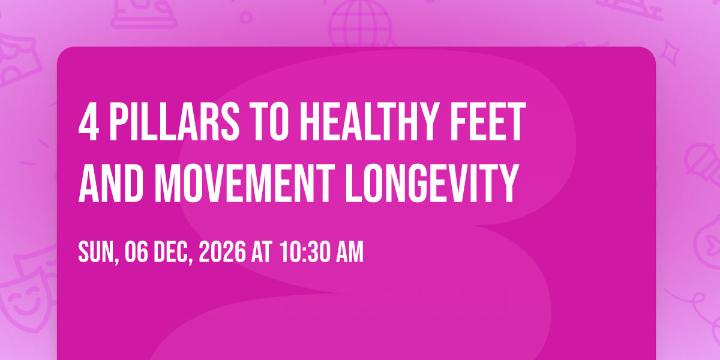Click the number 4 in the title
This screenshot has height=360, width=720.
coord(88,122)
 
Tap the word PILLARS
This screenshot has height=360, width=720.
coord(175,122)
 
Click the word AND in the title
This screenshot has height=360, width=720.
coord(111,183)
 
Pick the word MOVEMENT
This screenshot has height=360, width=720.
coord(245,183)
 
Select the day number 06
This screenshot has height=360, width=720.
coord(136,251)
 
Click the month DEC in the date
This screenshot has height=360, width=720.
coord(173,253)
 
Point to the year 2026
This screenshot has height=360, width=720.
coord(223,251)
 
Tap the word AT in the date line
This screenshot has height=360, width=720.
coord(262,251)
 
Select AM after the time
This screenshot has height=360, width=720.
coord(350,251)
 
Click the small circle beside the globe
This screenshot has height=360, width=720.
coord(246,17)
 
